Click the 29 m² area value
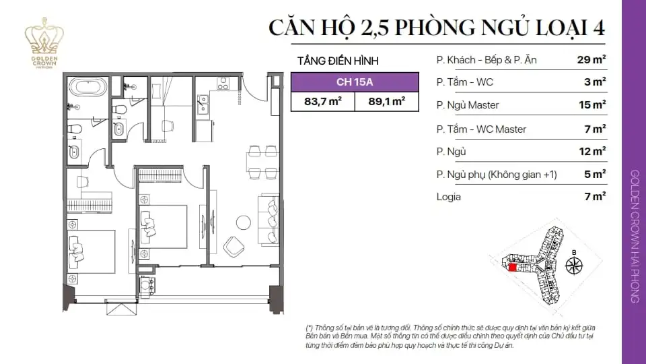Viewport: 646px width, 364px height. click(591, 60)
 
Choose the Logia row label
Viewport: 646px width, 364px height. click(449, 197)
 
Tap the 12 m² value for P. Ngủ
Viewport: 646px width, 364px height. click(591, 151)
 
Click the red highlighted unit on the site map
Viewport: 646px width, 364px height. click(513, 268)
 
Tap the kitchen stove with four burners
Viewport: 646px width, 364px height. click(223, 83)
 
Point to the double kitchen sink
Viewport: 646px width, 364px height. click(203, 104)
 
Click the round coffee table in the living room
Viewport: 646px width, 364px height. click(243, 222)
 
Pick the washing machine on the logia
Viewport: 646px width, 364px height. click(145, 285)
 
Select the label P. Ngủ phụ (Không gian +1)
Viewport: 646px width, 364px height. click(497, 174)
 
